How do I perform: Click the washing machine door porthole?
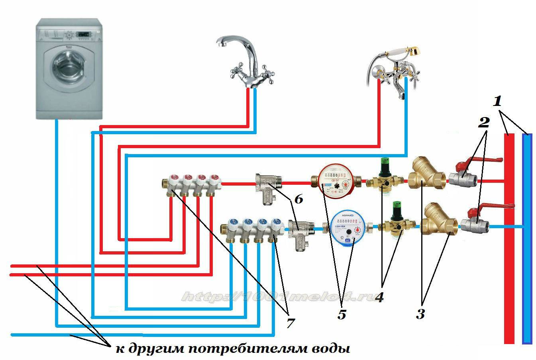point(69,66)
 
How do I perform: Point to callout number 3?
point(420,313)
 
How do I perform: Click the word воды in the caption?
point(330,349)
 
